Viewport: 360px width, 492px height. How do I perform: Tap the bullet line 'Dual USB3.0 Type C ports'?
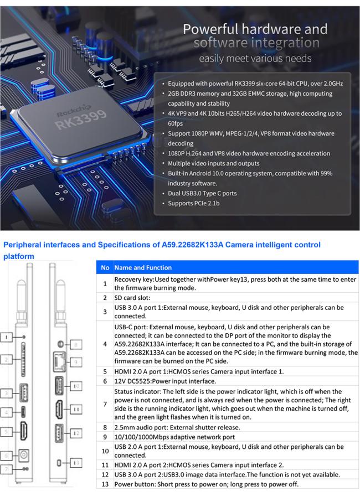click(202, 194)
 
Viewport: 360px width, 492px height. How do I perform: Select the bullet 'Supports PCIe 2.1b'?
click(193, 204)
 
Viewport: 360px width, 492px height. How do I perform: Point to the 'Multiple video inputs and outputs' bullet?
click(214, 164)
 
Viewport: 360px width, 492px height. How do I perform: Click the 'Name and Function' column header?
click(143, 268)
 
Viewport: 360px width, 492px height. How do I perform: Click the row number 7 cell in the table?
click(105, 404)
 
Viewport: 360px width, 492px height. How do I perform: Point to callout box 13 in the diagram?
click(77, 462)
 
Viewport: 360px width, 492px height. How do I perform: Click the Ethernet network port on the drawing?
click(58, 362)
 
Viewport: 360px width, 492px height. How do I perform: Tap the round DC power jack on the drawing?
click(24, 457)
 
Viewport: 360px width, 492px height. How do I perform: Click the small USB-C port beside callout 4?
click(24, 412)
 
